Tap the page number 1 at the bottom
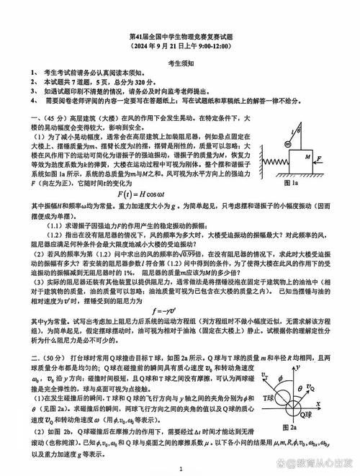(180, 468)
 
